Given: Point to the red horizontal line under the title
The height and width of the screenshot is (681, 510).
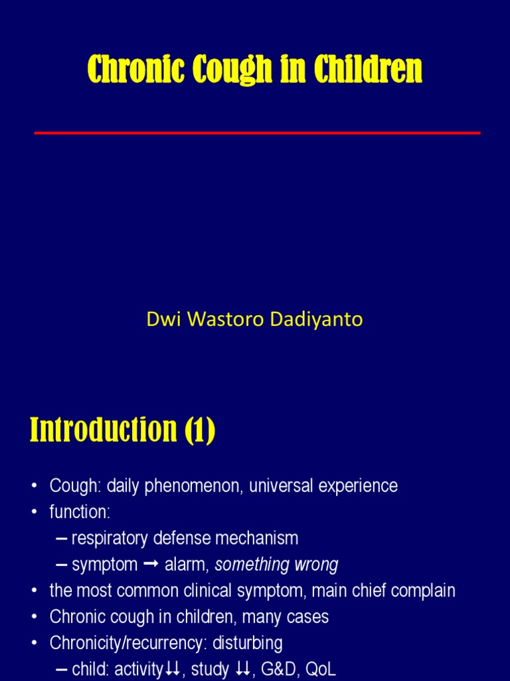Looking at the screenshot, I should [257, 133].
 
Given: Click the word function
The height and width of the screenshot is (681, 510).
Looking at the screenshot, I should [77, 512].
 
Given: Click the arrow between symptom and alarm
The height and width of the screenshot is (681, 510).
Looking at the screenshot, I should [151, 565].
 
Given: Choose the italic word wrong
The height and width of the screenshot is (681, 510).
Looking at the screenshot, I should [315, 565].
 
